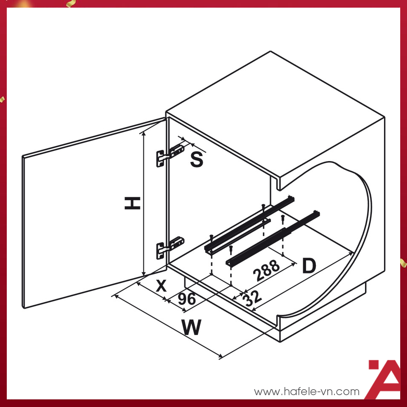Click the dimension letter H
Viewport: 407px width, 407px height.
coord(132,203)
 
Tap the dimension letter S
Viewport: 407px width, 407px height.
coord(196,160)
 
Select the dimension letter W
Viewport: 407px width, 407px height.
coord(192,328)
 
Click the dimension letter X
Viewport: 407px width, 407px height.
coord(161,286)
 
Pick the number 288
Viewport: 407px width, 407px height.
coord(267,270)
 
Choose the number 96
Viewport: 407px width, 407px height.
coord(187,299)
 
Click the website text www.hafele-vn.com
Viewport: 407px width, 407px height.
coord(307,392)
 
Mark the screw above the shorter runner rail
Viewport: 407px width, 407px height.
coord(282,218)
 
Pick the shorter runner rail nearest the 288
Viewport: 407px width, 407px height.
coord(271,240)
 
